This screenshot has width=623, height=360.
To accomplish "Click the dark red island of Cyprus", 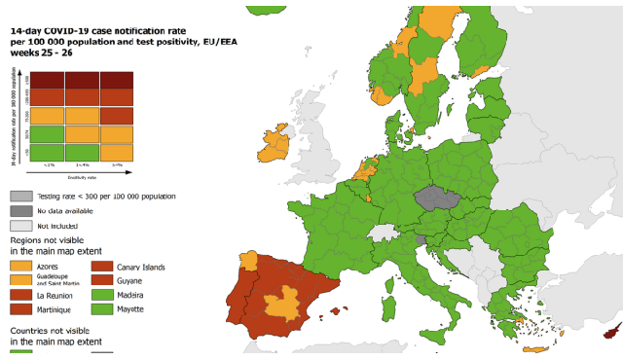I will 611,333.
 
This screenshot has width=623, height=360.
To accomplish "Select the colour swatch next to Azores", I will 20,266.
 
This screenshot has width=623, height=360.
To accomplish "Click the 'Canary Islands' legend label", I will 140,267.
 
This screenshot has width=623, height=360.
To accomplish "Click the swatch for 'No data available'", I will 20,210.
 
